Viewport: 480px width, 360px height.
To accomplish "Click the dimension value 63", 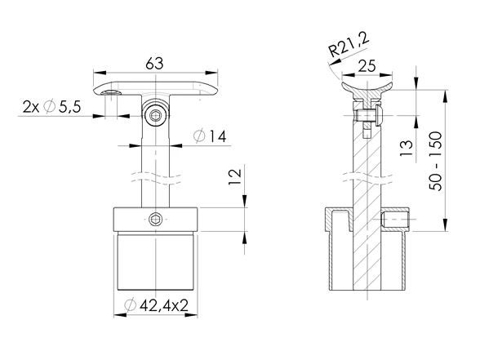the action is coord(154,64).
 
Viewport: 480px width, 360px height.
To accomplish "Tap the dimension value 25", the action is coord(367,66).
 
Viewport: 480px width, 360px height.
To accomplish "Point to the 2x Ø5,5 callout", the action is coord(51,107).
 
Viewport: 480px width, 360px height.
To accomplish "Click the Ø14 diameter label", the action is coord(211,136).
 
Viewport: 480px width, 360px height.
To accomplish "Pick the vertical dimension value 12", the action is coord(235,176).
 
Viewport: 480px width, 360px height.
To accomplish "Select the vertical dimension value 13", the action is coord(407,148).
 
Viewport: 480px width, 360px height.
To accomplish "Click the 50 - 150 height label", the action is coord(436,162).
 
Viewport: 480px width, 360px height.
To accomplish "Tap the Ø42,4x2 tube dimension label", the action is coord(156,305).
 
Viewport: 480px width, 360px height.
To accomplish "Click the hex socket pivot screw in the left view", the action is coord(155,115).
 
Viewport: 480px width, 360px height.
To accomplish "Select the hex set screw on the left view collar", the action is coord(154,219).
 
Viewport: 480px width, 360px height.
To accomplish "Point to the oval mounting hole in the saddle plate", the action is coord(111,93).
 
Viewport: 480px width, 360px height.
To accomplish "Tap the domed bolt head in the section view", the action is coord(379,115).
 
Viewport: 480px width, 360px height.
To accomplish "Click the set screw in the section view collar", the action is coord(395,219).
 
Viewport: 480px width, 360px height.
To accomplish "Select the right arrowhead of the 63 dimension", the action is coord(212,73).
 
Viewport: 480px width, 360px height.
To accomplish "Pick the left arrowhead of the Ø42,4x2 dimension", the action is coord(120,315).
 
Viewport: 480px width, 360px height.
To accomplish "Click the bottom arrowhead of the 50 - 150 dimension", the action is coord(445,224).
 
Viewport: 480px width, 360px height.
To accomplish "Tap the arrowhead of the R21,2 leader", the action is coord(334,61).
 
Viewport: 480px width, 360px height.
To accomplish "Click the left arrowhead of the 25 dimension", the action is coord(348,75).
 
